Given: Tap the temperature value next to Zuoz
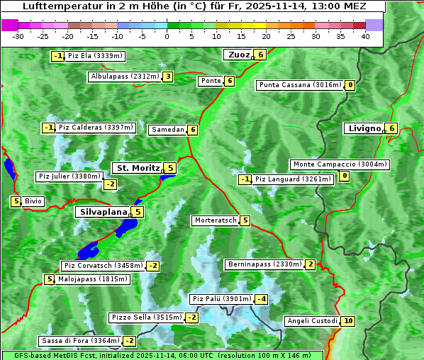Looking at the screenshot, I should pyautogui.click(x=261, y=55).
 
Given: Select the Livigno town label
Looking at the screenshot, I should pyautogui.click(x=364, y=128).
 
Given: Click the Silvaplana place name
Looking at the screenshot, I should pyautogui.click(x=103, y=212).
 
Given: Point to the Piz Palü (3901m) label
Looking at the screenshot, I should pyautogui.click(x=221, y=299).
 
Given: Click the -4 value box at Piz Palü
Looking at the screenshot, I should pyautogui.click(x=262, y=299).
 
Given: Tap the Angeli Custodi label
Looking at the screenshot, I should pyautogui.click(x=311, y=321).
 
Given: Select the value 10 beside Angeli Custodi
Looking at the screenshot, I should pyautogui.click(x=347, y=321).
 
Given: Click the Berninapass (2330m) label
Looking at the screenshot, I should pyautogui.click(x=265, y=264).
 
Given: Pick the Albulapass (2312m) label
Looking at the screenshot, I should pyautogui.click(x=125, y=77).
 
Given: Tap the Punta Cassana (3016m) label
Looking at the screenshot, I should pyautogui.click(x=299, y=85).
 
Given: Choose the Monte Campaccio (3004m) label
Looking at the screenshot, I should pyautogui.click(x=340, y=164).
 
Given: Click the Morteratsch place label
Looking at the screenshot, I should pyautogui.click(x=216, y=220).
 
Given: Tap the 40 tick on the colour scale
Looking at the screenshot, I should pyautogui.click(x=365, y=36).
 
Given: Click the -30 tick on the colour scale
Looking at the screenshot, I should pyautogui.click(x=18, y=36).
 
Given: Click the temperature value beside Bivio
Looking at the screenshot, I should pyautogui.click(x=15, y=201).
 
